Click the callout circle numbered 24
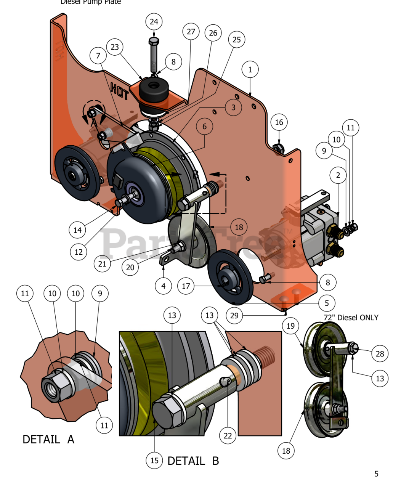click(154, 22)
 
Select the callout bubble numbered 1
click(250, 69)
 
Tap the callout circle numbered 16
click(279, 122)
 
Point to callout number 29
click(234, 315)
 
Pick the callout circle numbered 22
click(228, 435)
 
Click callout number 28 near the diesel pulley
click(380, 353)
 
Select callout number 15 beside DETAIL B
click(154, 460)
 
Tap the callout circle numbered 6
click(205, 126)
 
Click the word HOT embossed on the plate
click(119, 90)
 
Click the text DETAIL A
click(48, 440)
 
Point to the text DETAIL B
click(193, 461)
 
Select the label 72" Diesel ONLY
click(351, 318)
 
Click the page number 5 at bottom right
click(376, 474)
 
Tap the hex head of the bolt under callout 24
click(153, 41)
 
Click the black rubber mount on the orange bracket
click(154, 90)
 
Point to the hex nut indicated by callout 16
click(278, 147)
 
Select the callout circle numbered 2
click(338, 175)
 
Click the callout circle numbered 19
click(290, 326)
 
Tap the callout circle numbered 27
click(191, 31)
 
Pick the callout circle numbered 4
click(164, 286)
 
